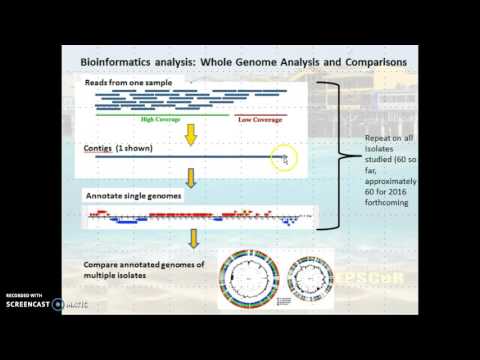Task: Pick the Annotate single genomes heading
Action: coord(133,195)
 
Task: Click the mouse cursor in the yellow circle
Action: coord(285,159)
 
